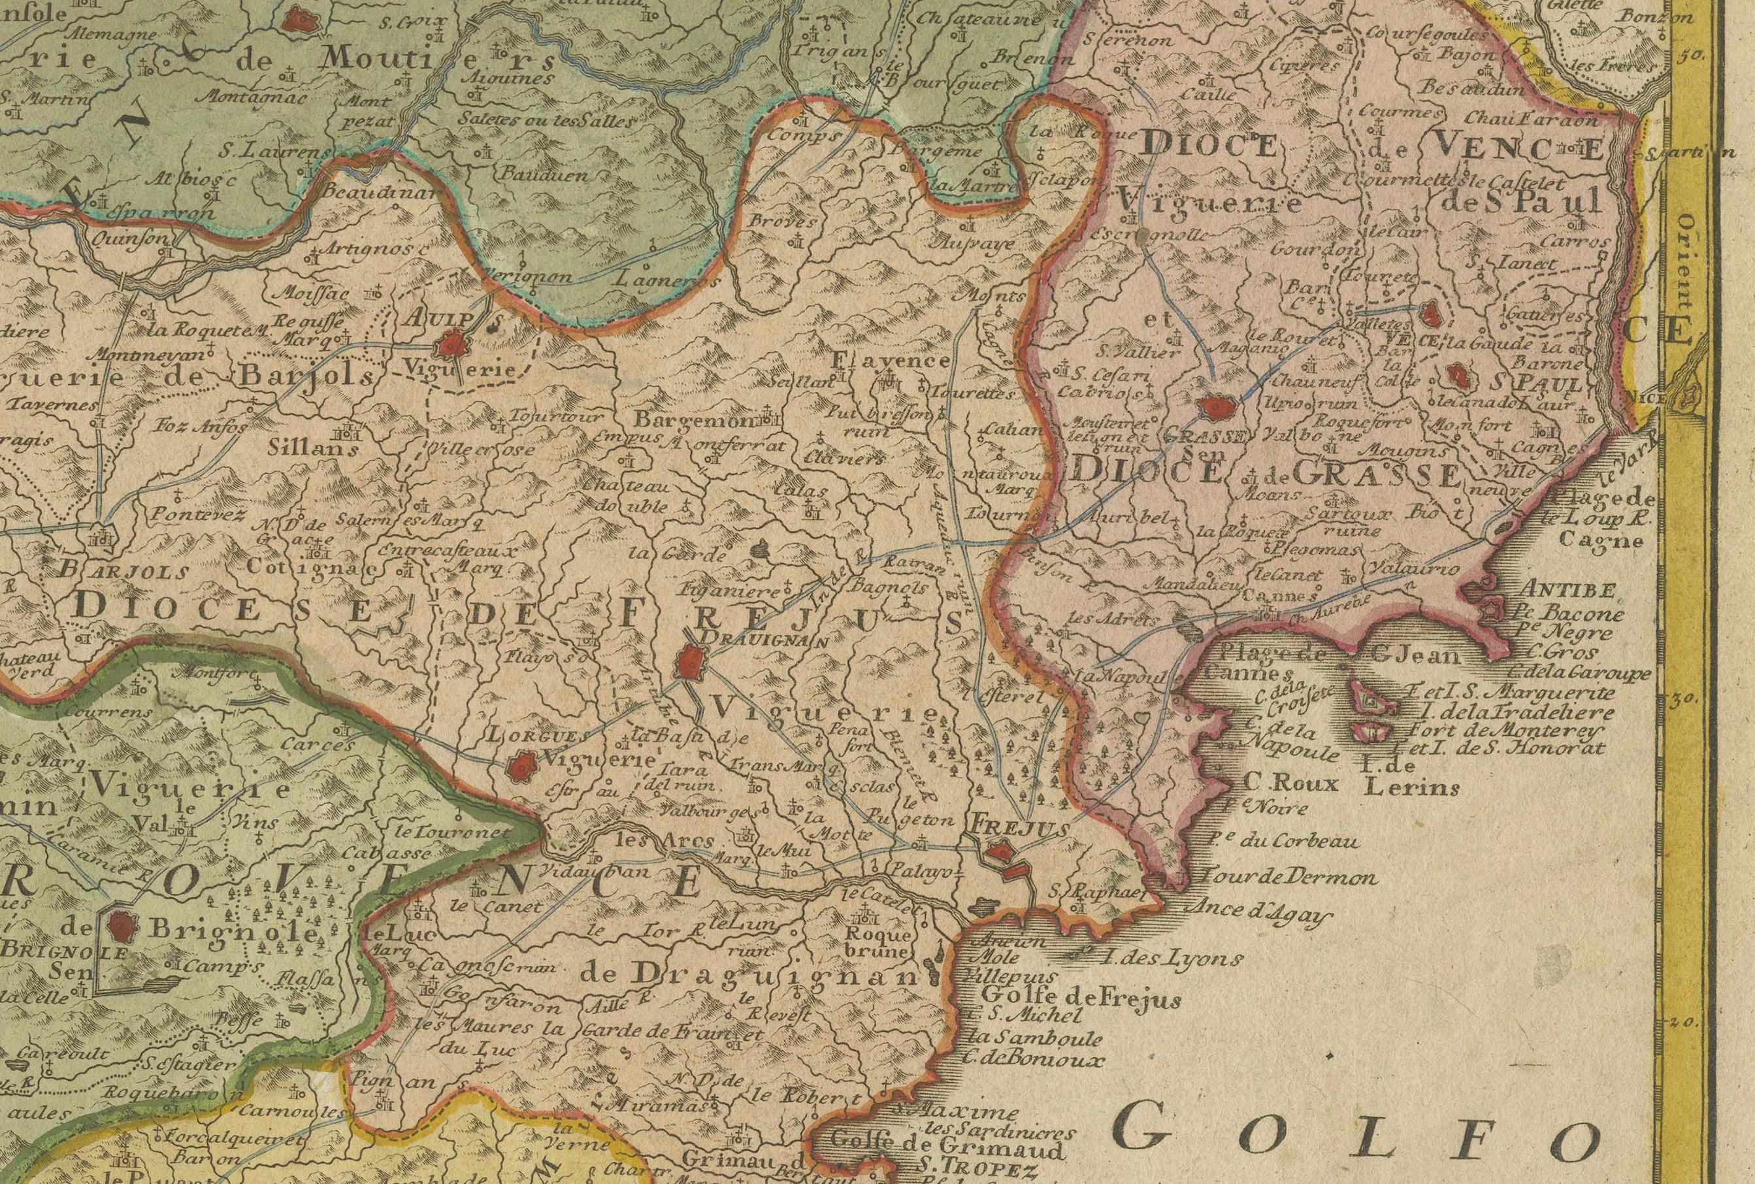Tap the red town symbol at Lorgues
tap(520, 768)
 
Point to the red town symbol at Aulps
tap(453, 346)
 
